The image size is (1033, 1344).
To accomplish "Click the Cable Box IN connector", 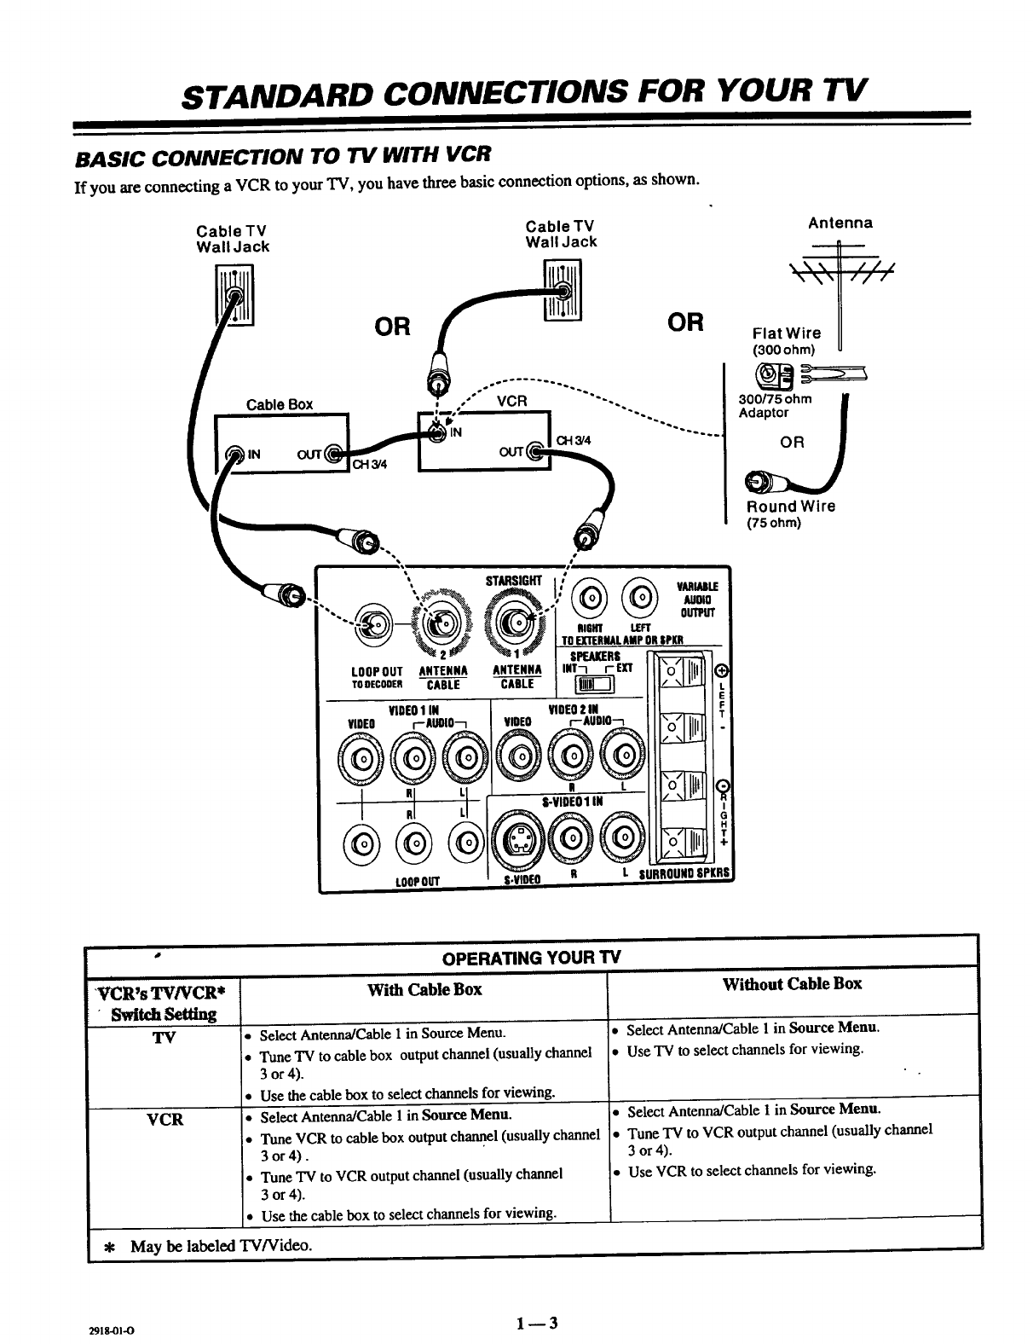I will pyautogui.click(x=231, y=454).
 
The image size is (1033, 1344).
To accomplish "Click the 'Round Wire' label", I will pyautogui.click(x=791, y=506).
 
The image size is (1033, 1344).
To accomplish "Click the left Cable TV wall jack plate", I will pyautogui.click(x=233, y=294).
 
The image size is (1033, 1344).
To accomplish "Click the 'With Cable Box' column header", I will pyautogui.click(x=424, y=989).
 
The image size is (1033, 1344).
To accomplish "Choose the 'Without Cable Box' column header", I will pyautogui.click(x=792, y=984).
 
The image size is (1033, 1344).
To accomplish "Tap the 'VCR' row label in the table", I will pyautogui.click(x=165, y=1119).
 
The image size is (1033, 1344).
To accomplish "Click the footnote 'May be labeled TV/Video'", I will pyautogui.click(x=220, y=1246).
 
